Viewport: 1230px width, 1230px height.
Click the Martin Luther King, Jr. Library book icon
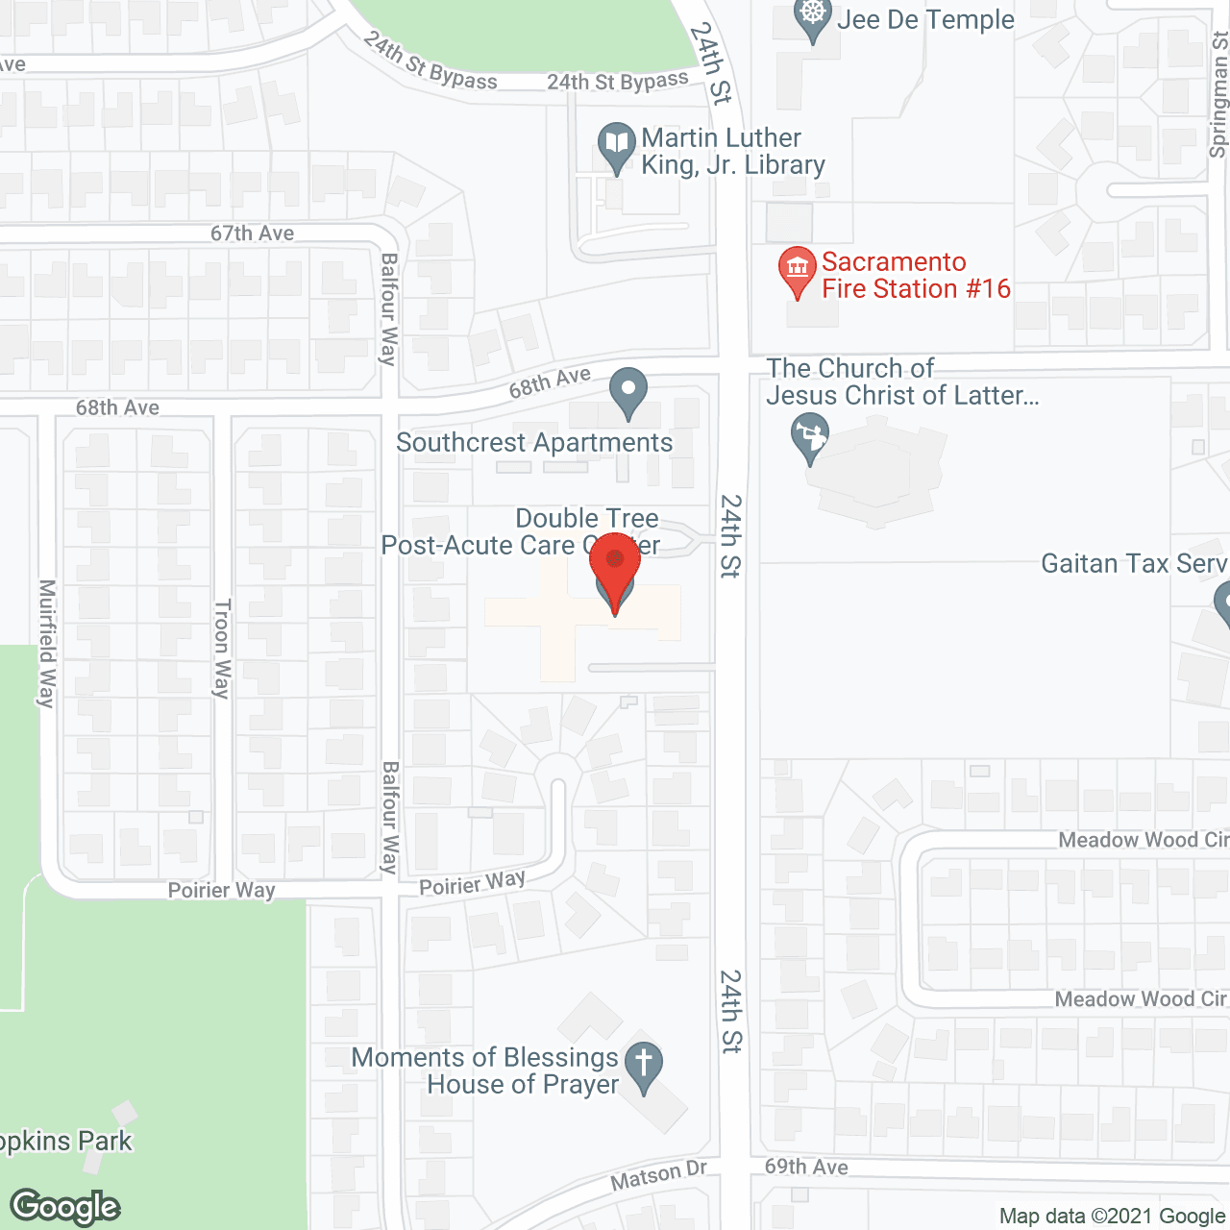(616, 146)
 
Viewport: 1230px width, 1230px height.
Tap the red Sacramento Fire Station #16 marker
(797, 271)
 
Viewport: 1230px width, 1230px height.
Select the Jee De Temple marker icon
(813, 17)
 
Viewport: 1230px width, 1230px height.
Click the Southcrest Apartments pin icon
(628, 392)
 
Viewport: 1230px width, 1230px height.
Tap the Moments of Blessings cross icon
(644, 1066)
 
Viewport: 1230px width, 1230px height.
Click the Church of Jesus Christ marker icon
(809, 437)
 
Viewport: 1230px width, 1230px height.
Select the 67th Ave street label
(252, 234)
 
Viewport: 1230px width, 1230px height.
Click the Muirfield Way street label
(46, 643)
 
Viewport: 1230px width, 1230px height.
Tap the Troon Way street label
(222, 649)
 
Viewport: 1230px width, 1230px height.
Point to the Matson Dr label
(659, 1175)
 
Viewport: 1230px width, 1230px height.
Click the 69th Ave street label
(806, 1167)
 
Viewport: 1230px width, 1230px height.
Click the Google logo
(65, 1207)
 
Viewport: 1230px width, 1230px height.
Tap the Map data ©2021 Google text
(1112, 1217)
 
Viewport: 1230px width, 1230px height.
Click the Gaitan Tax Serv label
(1134, 563)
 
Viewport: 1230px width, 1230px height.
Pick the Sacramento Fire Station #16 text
(916, 275)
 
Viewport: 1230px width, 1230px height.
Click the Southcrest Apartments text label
(534, 443)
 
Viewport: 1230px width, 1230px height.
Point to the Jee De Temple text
(925, 20)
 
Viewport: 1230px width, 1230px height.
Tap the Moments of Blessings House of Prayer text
(485, 1070)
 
